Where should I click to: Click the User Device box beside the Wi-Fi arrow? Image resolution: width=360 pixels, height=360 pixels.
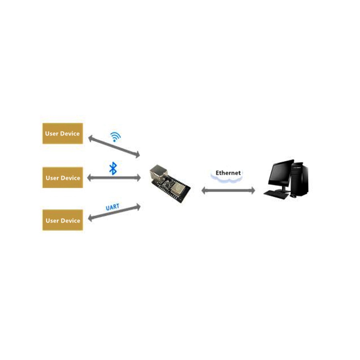coord(63,134)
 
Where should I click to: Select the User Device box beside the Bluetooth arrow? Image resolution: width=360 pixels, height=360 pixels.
coord(63,178)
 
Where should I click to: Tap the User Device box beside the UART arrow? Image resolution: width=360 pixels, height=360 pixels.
coord(63,220)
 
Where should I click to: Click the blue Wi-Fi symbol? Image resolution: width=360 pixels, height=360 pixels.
coord(116,137)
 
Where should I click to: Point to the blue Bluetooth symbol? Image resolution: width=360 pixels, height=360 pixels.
coord(113,168)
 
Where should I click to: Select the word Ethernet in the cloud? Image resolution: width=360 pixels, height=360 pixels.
coord(228,173)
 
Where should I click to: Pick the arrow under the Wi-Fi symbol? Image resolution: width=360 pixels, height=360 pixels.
coord(114,146)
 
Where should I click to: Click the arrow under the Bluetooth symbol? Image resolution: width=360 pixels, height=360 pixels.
coord(114,178)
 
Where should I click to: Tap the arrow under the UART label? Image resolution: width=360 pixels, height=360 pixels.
coord(114,212)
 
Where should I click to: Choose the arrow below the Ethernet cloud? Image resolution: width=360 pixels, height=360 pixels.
coord(228,190)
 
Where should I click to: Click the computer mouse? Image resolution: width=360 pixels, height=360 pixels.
coord(293,196)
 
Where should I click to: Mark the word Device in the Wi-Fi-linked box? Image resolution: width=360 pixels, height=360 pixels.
coord(70,134)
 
